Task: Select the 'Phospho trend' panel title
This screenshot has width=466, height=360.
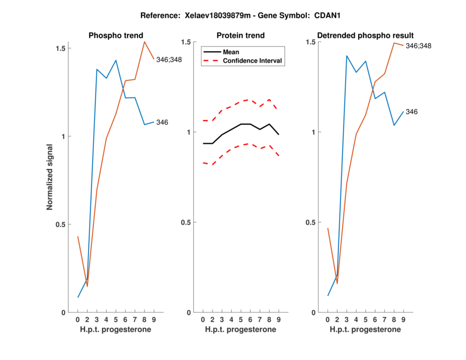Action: (x=116, y=36)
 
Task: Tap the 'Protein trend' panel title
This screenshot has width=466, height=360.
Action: (x=241, y=36)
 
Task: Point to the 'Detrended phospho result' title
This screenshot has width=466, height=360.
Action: (x=365, y=36)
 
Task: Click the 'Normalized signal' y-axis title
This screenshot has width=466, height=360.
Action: (x=50, y=177)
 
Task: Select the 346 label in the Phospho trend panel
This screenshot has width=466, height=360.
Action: (x=163, y=122)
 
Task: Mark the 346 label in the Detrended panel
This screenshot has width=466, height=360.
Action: (x=412, y=111)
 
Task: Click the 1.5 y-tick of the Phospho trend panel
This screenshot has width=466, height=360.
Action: (x=61, y=47)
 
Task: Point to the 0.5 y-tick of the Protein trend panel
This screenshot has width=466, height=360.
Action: (x=186, y=223)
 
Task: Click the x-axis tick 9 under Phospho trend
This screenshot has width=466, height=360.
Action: (x=154, y=320)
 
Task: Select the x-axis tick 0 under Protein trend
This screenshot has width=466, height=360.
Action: (x=203, y=320)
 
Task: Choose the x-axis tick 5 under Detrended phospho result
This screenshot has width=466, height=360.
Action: (x=365, y=320)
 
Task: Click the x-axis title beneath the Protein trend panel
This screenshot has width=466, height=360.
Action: (x=241, y=330)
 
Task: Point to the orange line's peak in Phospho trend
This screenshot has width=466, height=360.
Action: (x=144, y=41)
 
